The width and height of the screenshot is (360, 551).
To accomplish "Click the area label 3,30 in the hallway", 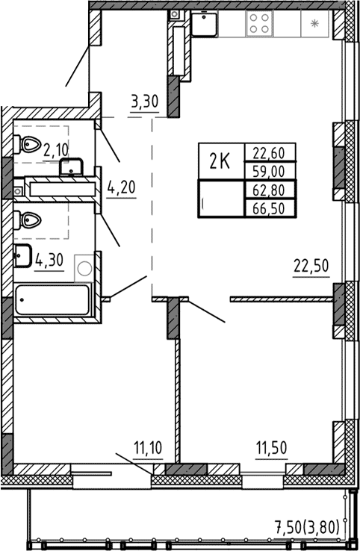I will coord(144,102).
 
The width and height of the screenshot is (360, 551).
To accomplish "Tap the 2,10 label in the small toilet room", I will coord(56,149).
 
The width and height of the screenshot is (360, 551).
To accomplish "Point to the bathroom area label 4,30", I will coord(49,260).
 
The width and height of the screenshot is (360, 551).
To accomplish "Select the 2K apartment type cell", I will coord(220,161).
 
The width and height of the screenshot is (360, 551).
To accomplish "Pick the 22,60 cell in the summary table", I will coord(270,152).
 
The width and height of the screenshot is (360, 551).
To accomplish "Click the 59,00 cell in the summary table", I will coord(270,170).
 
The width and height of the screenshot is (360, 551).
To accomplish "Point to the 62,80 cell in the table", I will coord(270,189).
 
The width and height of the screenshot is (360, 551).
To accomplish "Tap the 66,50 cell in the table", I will coord(270,207).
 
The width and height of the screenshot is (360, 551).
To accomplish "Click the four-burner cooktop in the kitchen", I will coord(259,23).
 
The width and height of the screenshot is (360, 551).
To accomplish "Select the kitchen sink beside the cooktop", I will coord(204,23).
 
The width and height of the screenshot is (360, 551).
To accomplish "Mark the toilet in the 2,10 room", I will coord(27,143).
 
